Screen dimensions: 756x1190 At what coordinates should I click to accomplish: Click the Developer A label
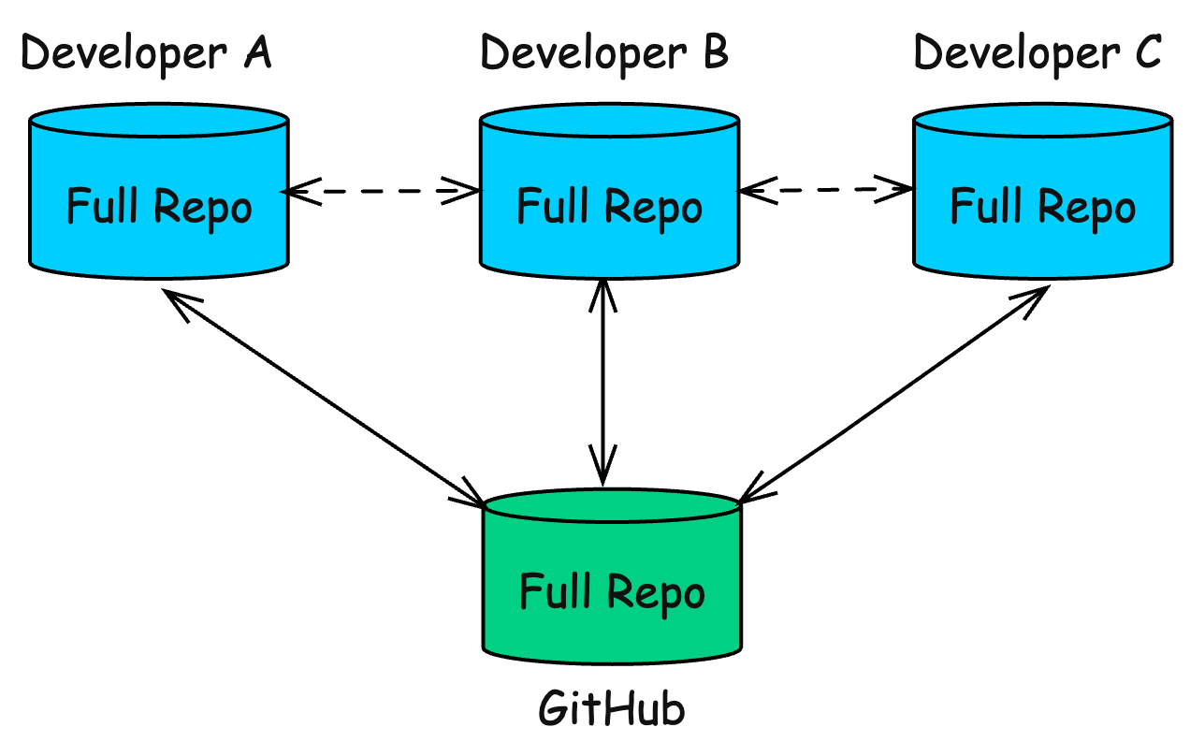[146, 54]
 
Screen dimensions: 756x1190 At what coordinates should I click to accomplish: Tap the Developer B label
[604, 54]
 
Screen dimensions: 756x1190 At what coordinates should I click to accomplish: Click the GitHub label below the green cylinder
[611, 709]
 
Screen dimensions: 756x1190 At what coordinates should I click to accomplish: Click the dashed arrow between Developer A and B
[382, 191]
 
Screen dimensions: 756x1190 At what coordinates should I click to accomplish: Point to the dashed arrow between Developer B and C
[826, 190]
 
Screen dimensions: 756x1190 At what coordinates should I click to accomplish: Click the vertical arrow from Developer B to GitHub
[602, 384]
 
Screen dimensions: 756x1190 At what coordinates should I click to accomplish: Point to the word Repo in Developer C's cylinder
[1086, 208]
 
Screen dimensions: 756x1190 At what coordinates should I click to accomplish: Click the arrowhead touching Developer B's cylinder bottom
[602, 295]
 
